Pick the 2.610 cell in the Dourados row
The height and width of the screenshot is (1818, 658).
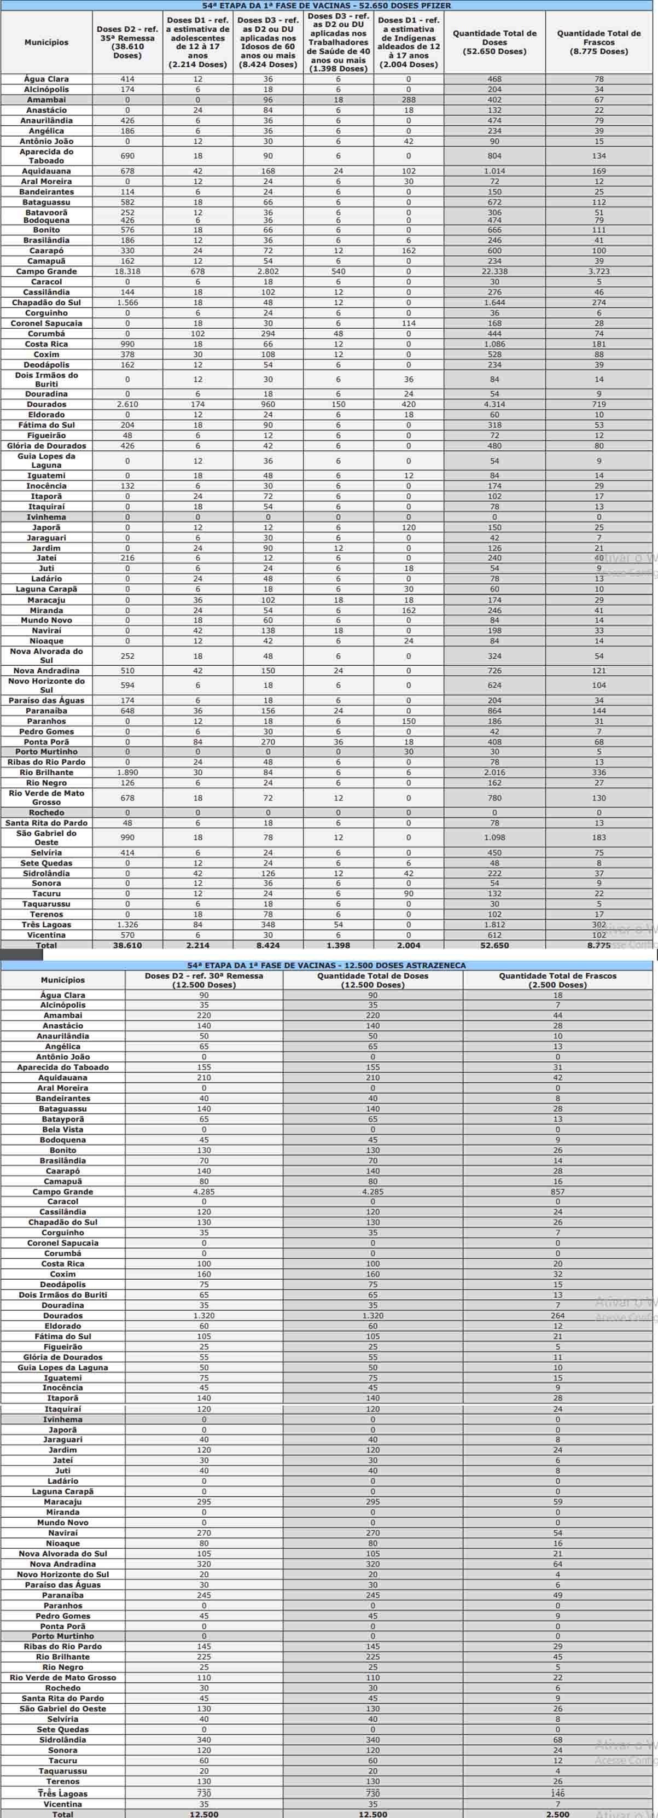click(127, 404)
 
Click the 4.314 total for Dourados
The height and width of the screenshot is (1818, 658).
click(494, 404)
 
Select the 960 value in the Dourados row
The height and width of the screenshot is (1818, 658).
click(267, 404)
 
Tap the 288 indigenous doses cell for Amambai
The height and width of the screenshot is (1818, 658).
click(409, 100)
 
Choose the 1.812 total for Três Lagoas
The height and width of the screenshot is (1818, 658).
click(494, 925)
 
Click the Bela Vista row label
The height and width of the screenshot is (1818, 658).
click(63, 1130)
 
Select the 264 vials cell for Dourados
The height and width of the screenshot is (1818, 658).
click(557, 1316)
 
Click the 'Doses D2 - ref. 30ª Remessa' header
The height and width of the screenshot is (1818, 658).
click(204, 980)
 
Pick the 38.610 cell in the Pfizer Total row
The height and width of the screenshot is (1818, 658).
click(127, 945)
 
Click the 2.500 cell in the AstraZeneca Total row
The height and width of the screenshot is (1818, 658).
click(557, 1814)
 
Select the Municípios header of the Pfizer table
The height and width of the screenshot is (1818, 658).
click(46, 42)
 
